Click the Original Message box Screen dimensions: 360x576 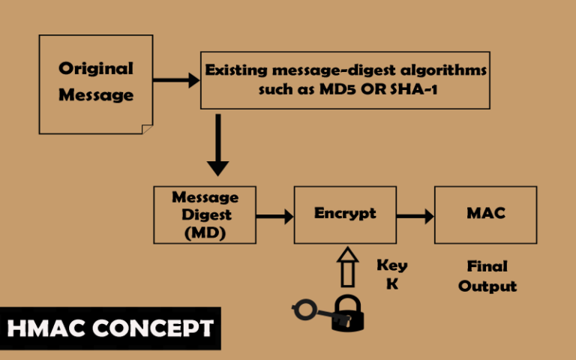[95, 82]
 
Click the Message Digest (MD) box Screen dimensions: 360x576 [205, 214]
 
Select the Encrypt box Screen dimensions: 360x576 [344, 214]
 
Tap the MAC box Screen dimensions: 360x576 [485, 214]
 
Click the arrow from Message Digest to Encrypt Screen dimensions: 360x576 [274, 217]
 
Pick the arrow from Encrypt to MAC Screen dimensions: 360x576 [415, 217]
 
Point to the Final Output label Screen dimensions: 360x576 [487, 276]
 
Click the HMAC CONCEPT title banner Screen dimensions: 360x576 [110, 328]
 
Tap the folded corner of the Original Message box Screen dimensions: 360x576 [148, 129]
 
